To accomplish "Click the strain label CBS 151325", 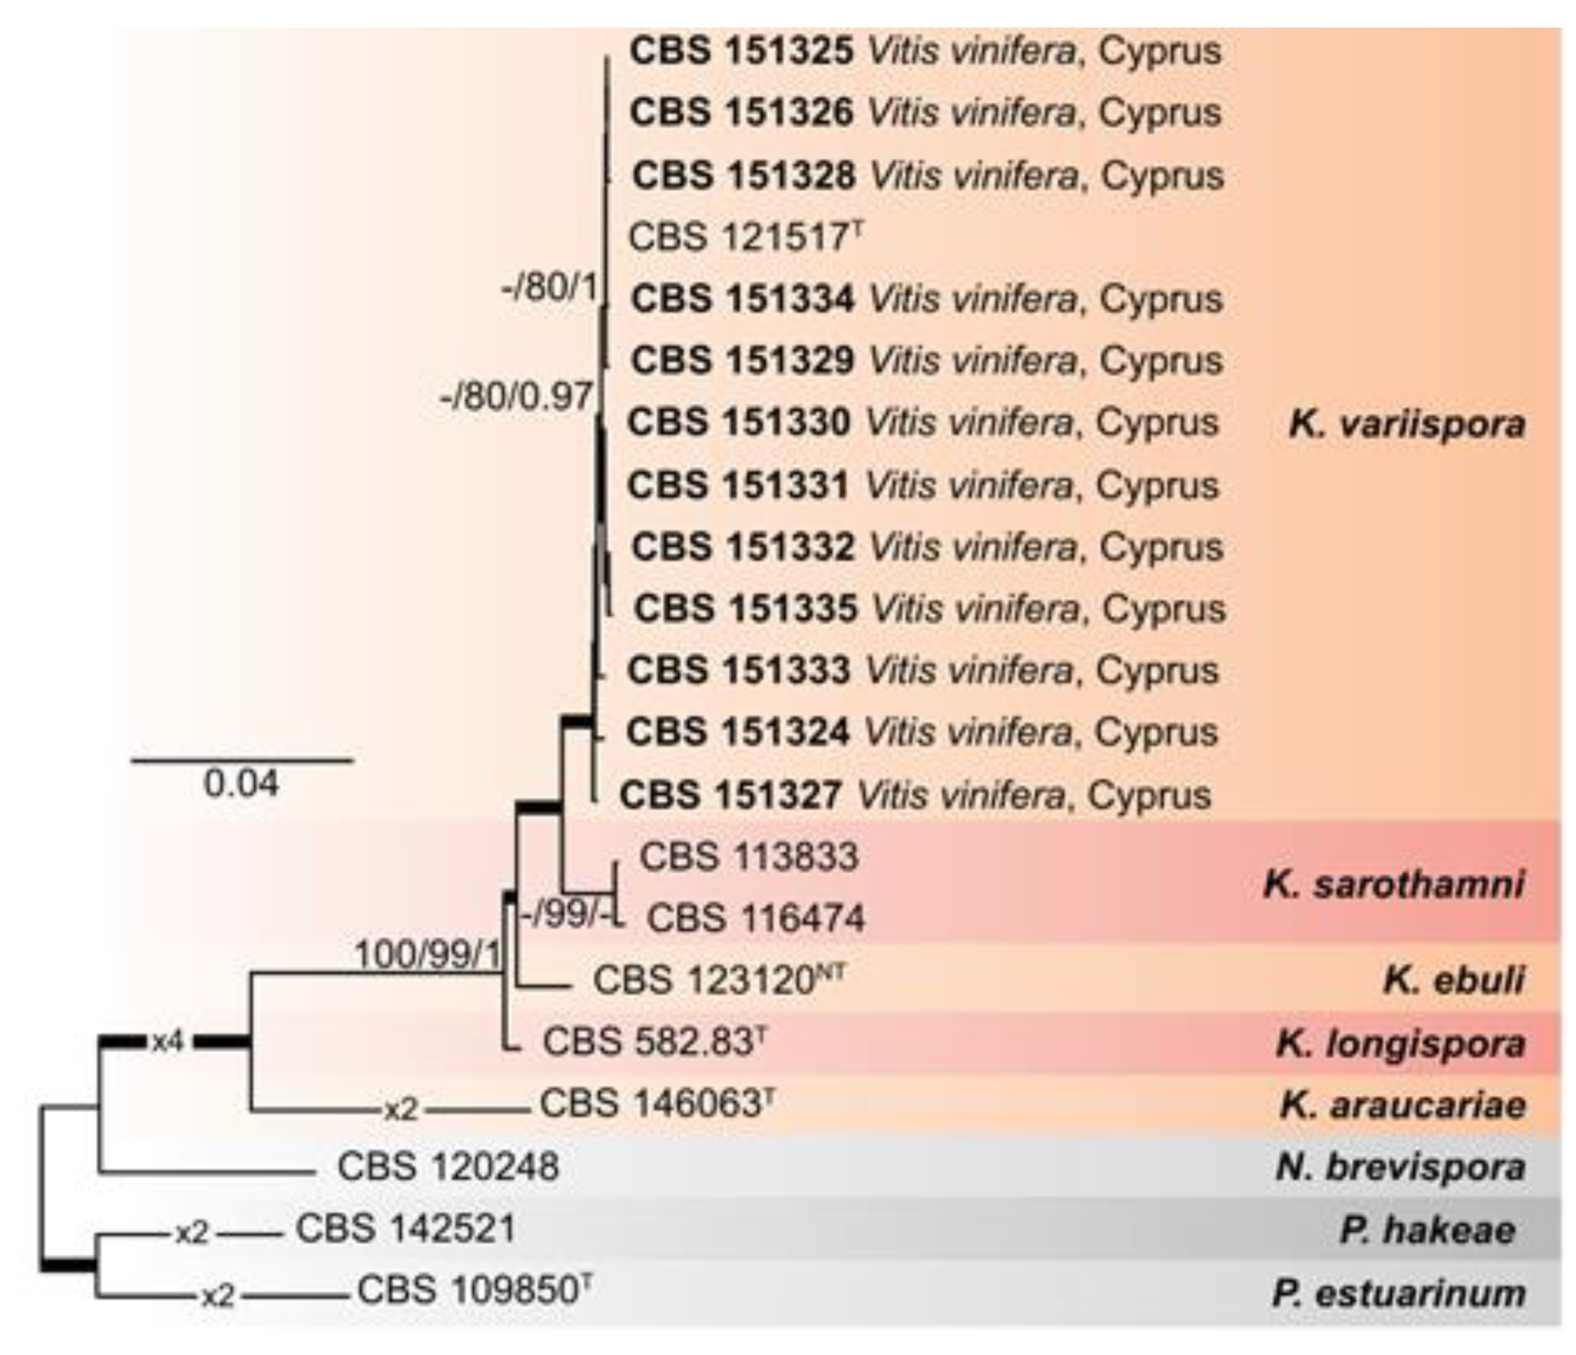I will pyautogui.click(x=742, y=52).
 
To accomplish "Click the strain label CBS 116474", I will pyautogui.click(x=755, y=919).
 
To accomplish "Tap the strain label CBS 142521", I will pyautogui.click(x=406, y=1228).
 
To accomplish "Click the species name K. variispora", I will pyautogui.click(x=1407, y=424).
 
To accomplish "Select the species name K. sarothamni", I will pyautogui.click(x=1393, y=884).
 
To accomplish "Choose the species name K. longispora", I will pyautogui.click(x=1401, y=1043).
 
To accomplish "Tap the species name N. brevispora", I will pyautogui.click(x=1401, y=1167).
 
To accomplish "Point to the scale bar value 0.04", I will pyautogui.click(x=241, y=784).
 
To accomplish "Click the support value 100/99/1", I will pyautogui.click(x=427, y=954).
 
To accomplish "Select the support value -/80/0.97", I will pyautogui.click(x=516, y=396).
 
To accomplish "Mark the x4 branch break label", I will pyautogui.click(x=168, y=1041).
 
